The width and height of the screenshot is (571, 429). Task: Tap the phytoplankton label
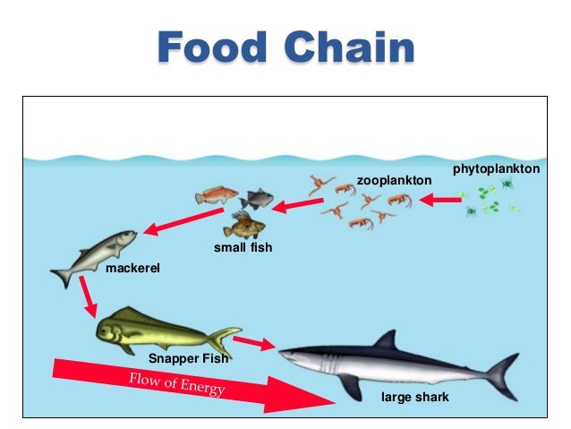tap(497, 168)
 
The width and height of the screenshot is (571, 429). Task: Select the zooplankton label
tap(394, 181)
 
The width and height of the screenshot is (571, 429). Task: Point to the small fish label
tap(242, 247)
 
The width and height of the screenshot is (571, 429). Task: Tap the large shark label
tap(414, 395)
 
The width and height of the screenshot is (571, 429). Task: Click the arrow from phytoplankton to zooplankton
tap(438, 202)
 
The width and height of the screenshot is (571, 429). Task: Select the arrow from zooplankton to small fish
tap(297, 207)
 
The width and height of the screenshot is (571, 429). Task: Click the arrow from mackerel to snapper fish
tap(88, 296)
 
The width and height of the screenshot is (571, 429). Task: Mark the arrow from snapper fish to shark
tap(253, 344)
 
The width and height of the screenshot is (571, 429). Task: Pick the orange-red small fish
tap(217, 194)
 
